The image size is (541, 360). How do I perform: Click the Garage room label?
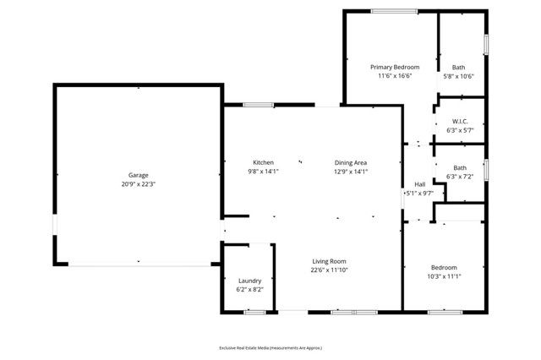pos(139,176)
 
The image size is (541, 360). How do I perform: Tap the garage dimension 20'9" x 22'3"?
pos(139,184)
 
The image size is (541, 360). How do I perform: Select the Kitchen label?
pos(264,162)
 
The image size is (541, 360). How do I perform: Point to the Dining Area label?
pos(351,162)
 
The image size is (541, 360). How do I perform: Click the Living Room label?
pos(328,261)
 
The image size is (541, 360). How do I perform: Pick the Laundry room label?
pos(249,281)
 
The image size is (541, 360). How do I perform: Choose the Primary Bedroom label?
pos(394,67)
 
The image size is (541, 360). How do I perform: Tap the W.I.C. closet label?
pos(460,121)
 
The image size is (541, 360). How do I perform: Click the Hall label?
pos(419,184)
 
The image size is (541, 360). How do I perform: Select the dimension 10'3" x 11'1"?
pos(444,275)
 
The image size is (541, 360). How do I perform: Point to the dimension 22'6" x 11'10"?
pos(328,270)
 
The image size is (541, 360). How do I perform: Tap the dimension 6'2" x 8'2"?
pos(249,290)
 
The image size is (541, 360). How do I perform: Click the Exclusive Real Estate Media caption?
pos(270,347)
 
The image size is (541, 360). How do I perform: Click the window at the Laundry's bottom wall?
pos(255,312)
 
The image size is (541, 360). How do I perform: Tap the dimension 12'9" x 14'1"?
pos(351,172)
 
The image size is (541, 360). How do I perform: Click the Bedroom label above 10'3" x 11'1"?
pos(444,267)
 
